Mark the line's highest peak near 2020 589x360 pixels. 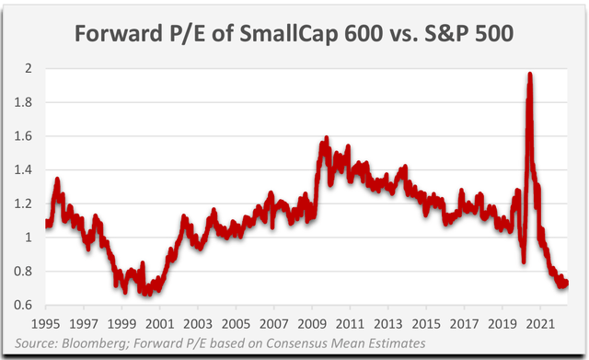tap(529, 75)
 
